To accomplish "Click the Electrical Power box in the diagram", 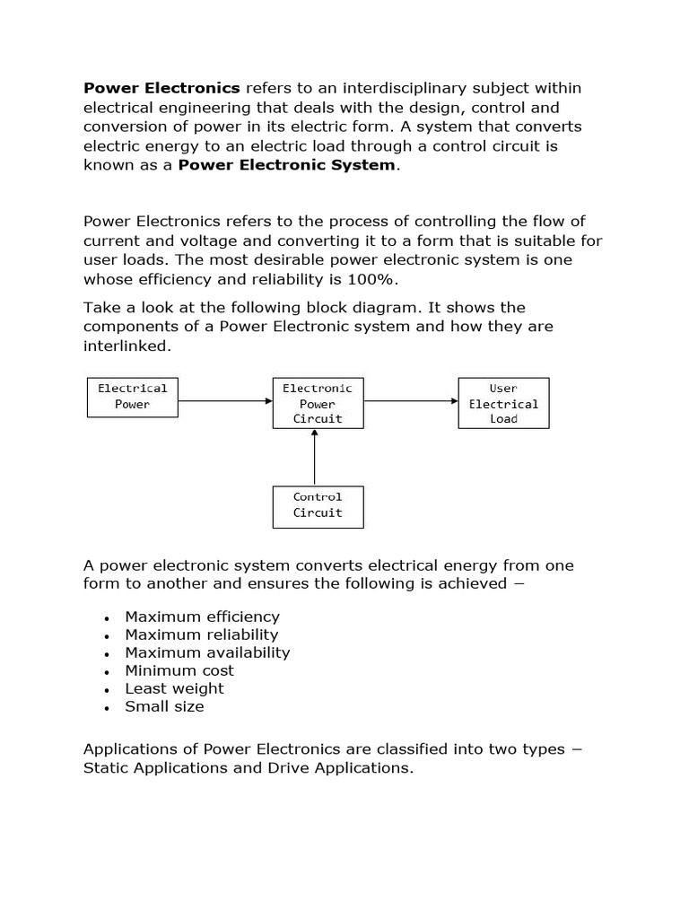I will click(133, 397).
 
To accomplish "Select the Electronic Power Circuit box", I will click(318, 403).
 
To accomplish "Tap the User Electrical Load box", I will click(503, 403).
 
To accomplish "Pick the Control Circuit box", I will click(318, 505).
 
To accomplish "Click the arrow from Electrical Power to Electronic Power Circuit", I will click(225, 401).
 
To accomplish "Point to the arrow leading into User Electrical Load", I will click(411, 401).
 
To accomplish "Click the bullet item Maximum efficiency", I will click(202, 617).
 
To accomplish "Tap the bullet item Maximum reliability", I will click(202, 635).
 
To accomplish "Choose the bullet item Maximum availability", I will click(207, 652).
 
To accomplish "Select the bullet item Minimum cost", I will click(179, 670).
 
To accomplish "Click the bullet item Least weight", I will click(174, 688).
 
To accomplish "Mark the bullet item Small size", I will click(164, 706).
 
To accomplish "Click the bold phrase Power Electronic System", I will click(286, 164).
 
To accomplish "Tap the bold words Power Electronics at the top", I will click(161, 87).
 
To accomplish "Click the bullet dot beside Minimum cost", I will click(107, 672).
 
